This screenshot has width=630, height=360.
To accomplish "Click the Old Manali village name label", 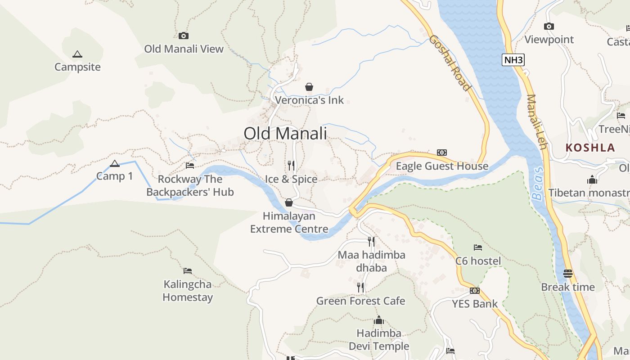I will (285, 134).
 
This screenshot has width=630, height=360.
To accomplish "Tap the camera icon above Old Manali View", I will (183, 36).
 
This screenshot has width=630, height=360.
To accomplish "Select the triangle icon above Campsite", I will (77, 54).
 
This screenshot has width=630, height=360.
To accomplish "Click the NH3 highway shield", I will (513, 60).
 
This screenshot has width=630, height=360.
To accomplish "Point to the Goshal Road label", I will (450, 63).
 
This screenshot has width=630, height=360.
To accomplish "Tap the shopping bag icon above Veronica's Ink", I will (309, 86).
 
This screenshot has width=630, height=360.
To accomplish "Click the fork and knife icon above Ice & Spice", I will (291, 166).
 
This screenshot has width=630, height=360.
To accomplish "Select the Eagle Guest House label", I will (442, 166).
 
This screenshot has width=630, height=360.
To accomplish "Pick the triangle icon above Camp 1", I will (115, 163).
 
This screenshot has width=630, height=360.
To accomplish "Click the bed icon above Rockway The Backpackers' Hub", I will (190, 166).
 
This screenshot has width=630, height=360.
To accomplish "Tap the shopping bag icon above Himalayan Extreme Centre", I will (289, 202).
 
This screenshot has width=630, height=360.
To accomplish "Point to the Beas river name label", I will (538, 184).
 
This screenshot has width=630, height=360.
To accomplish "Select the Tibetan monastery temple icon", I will (592, 180).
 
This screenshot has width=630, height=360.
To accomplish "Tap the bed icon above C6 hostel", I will (478, 247).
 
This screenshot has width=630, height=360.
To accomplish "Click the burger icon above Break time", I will (568, 274).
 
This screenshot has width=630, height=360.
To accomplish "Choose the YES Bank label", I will (475, 304).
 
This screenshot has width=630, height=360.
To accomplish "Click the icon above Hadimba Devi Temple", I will (379, 320).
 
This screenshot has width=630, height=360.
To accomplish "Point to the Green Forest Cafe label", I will (360, 301).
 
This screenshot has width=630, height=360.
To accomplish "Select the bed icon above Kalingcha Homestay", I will (188, 271).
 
